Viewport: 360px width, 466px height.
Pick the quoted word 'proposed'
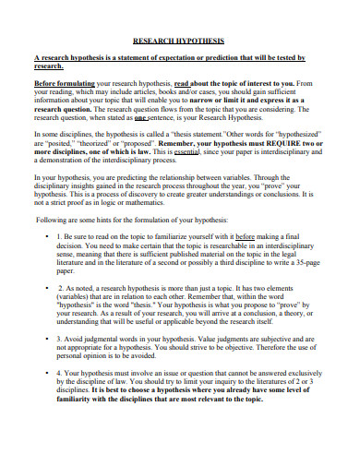(x=156, y=166)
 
